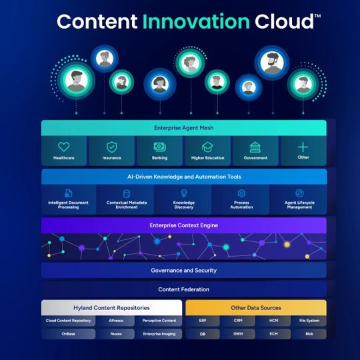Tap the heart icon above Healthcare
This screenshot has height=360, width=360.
(64, 147)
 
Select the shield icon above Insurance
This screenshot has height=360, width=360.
(112, 147)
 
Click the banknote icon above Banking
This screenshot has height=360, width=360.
(159, 147)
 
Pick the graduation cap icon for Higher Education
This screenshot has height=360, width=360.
(207, 147)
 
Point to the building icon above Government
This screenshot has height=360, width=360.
(255, 147)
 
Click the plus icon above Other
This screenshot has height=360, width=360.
(303, 147)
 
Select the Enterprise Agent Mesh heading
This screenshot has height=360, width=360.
(183, 127)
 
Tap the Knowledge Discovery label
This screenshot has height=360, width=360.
(183, 205)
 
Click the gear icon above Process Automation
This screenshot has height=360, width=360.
(241, 193)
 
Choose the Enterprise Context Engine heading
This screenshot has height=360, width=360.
(183, 225)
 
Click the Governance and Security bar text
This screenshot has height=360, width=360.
(183, 270)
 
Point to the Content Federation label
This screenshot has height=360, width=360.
(183, 289)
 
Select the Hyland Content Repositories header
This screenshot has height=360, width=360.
(111, 308)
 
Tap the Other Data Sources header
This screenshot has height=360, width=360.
(256, 308)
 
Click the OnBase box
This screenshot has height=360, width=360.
(69, 333)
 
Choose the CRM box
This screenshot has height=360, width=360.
(239, 321)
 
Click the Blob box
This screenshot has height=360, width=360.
(309, 333)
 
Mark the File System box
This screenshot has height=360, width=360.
(309, 321)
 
